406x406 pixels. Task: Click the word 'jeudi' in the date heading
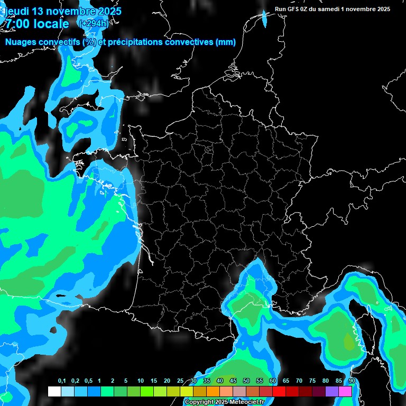pos(16,11)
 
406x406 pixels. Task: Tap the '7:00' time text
pos(17,24)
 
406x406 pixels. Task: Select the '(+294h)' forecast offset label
pos(94,24)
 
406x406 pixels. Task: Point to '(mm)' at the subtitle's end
pos(225,42)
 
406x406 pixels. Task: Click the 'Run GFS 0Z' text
pos(292,9)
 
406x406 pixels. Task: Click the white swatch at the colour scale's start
pos(54,392)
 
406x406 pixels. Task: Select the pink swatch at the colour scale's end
pos(345,392)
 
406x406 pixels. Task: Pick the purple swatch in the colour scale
pos(332,392)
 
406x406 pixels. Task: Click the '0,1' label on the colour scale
pos(62,381)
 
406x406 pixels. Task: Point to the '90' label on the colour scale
pos(352,381)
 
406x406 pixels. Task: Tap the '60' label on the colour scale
pos(273,381)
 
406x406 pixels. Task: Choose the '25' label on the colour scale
pos(180,381)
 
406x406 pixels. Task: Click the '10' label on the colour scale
pos(141,381)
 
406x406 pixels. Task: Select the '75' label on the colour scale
pos(312,381)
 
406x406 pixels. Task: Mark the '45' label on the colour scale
pos(233,381)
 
